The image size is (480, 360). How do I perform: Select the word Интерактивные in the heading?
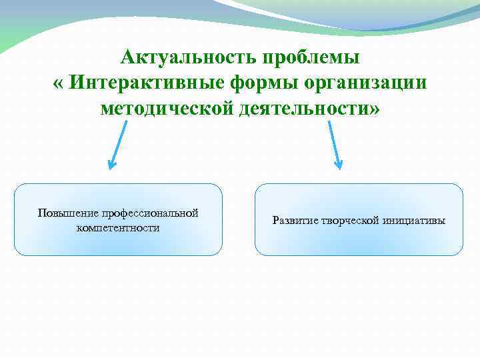pos(142,83)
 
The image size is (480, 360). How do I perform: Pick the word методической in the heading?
pos(167,109)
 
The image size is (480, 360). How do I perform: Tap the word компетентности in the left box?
pos(118,227)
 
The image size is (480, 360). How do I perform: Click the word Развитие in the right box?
pos(293,221)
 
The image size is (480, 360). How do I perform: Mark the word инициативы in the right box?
pos(414,221)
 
